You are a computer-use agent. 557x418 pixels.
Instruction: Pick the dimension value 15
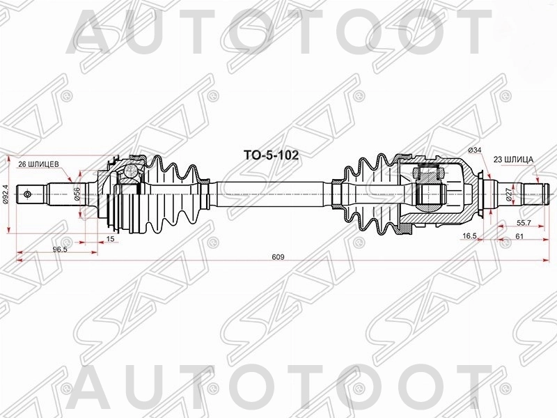(111, 239)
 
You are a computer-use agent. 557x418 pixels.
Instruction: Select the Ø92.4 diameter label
(6, 192)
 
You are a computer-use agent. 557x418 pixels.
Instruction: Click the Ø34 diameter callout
(476, 150)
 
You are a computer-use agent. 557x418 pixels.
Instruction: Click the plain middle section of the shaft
(272, 192)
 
